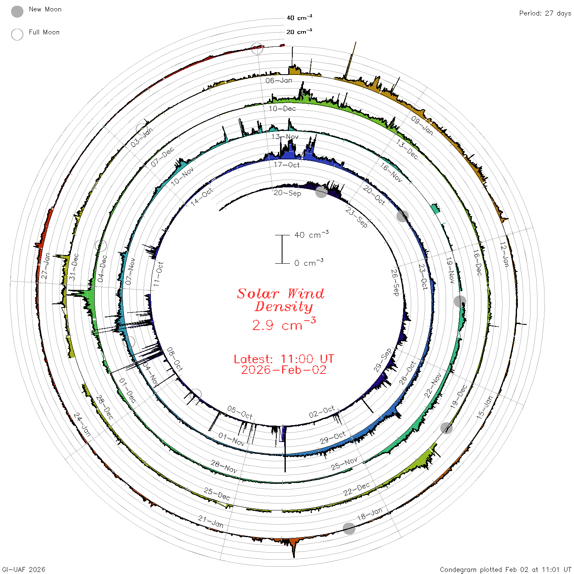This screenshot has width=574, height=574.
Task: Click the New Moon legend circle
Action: (17, 11)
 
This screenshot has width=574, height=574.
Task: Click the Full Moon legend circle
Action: (17, 34)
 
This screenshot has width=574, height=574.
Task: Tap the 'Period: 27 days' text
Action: (545, 14)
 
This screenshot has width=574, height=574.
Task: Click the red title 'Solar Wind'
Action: (280, 294)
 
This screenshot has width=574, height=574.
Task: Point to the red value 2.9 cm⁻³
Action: (284, 324)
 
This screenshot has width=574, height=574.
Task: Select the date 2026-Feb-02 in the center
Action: (284, 370)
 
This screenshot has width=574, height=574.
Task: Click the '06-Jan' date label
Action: (279, 80)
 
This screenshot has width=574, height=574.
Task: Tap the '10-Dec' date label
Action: (282, 109)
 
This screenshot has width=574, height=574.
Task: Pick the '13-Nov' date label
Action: (285, 137)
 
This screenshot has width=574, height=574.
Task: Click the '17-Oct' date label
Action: (287, 165)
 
